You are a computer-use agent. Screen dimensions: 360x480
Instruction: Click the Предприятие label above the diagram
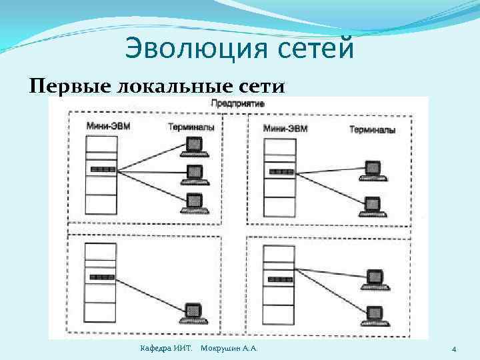click(238, 104)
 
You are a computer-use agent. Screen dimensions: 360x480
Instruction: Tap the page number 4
click(453, 349)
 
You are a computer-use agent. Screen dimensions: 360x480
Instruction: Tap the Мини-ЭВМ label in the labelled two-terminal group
click(285, 128)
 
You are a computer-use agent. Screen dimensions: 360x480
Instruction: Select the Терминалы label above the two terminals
click(372, 129)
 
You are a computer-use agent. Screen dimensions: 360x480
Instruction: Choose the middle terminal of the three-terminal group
click(193, 173)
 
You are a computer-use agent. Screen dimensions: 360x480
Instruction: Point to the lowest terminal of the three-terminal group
click(194, 201)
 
